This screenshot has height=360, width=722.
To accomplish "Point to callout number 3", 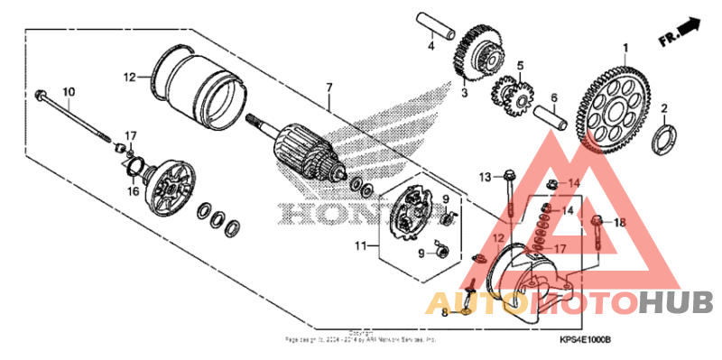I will point(464,92).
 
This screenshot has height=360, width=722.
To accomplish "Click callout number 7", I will point(329,88).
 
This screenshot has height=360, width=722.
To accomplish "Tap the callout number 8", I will point(444,313).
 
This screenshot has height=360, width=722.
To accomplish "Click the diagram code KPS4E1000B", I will point(585,339).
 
